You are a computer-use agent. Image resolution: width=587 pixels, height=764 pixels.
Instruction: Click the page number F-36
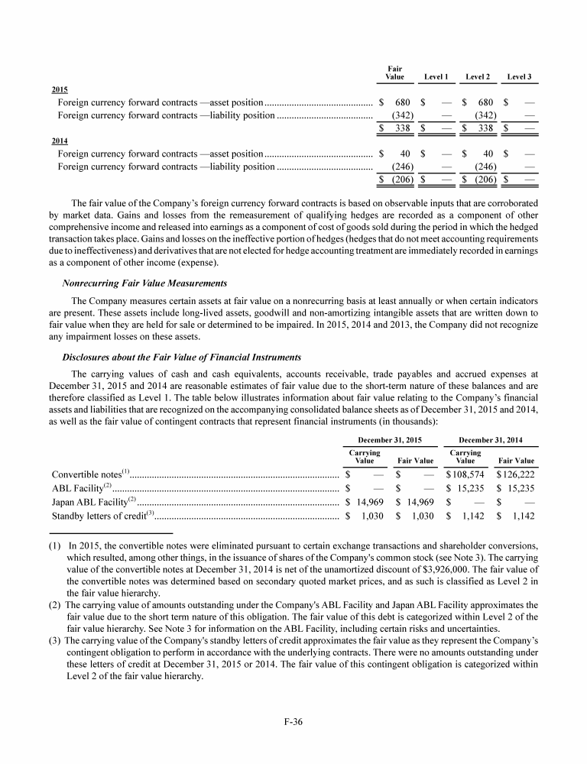point(293,722)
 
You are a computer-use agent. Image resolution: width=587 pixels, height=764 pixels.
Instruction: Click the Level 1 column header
point(436,77)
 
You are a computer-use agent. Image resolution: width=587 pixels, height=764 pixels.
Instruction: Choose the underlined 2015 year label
point(59,89)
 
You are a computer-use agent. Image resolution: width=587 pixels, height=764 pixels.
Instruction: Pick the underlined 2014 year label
point(59,141)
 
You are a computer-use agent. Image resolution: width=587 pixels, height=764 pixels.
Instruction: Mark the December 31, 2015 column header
point(390,441)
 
